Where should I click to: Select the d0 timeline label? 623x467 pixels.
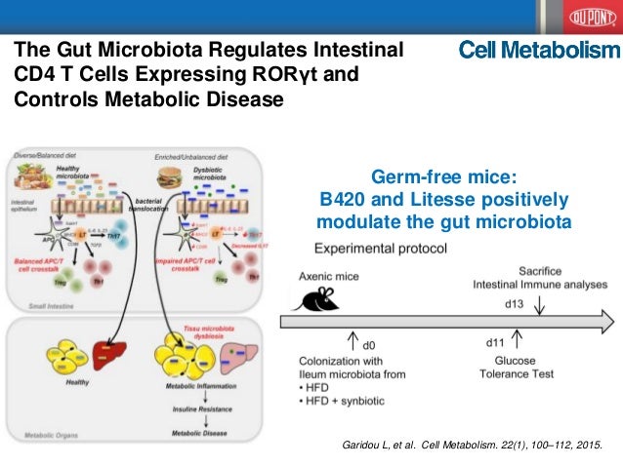[368, 345]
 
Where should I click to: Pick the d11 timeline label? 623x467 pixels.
[496, 342]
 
